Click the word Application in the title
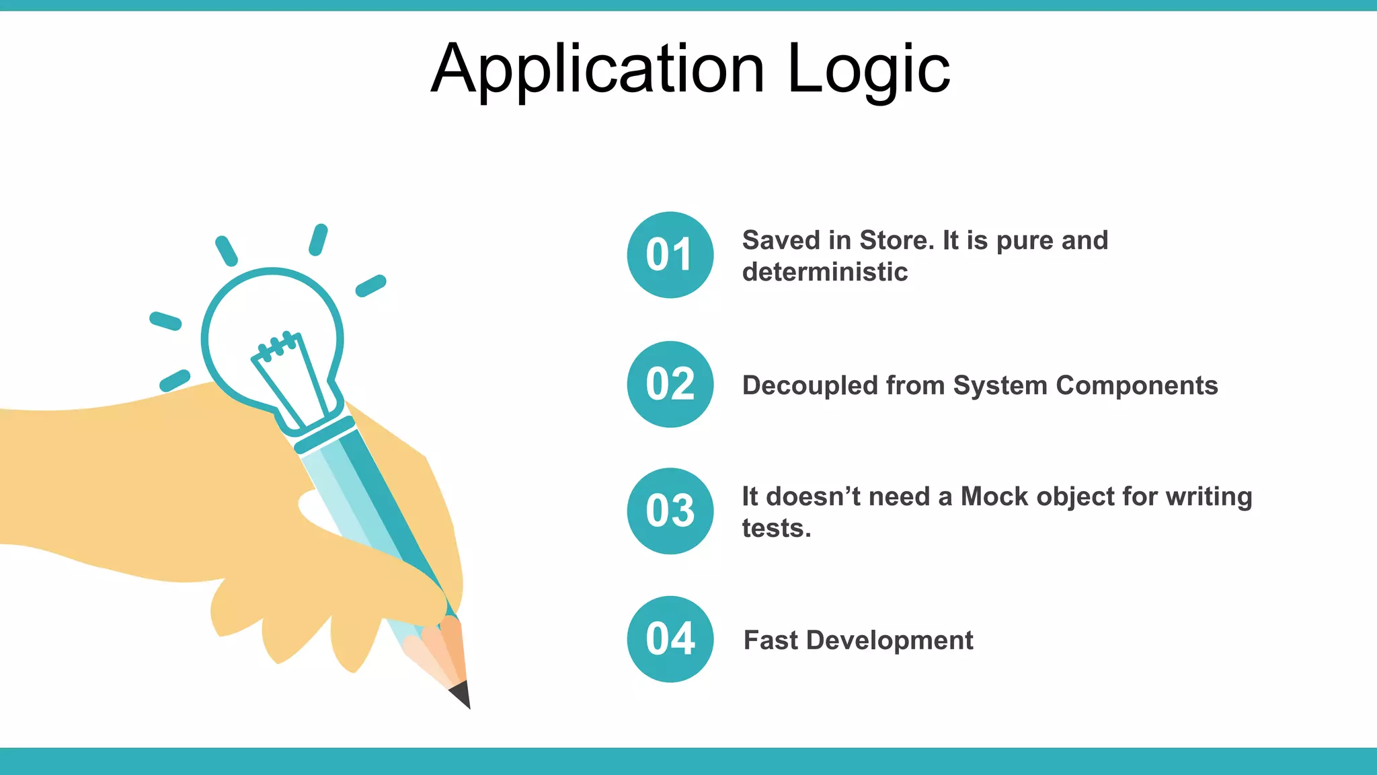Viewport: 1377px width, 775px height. pyautogui.click(x=597, y=70)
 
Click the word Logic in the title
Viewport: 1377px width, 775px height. pyautogui.click(x=868, y=70)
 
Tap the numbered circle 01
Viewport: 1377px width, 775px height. pyautogui.click(x=670, y=255)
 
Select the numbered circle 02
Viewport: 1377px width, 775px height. pyautogui.click(x=670, y=384)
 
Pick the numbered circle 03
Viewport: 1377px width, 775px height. pyautogui.click(x=670, y=511)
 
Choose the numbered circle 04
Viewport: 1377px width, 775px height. pyautogui.click(x=670, y=639)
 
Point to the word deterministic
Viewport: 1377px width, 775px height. pyautogui.click(x=824, y=272)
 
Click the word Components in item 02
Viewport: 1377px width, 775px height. pyautogui.click(x=1136, y=385)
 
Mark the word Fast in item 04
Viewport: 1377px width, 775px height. pyautogui.click(x=770, y=640)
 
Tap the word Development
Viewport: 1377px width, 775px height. pyautogui.click(x=889, y=640)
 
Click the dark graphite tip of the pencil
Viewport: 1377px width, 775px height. pyautogui.click(x=462, y=696)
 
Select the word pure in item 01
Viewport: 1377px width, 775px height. pyautogui.click(x=1024, y=240)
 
